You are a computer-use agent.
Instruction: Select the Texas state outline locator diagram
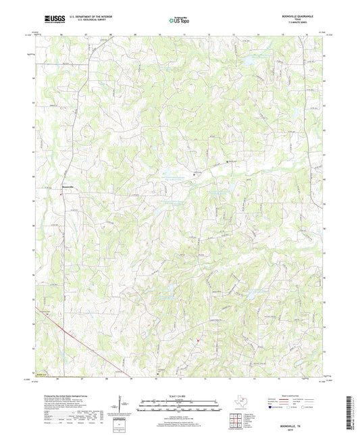click(240, 404)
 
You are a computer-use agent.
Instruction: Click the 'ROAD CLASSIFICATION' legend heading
click(295, 395)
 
